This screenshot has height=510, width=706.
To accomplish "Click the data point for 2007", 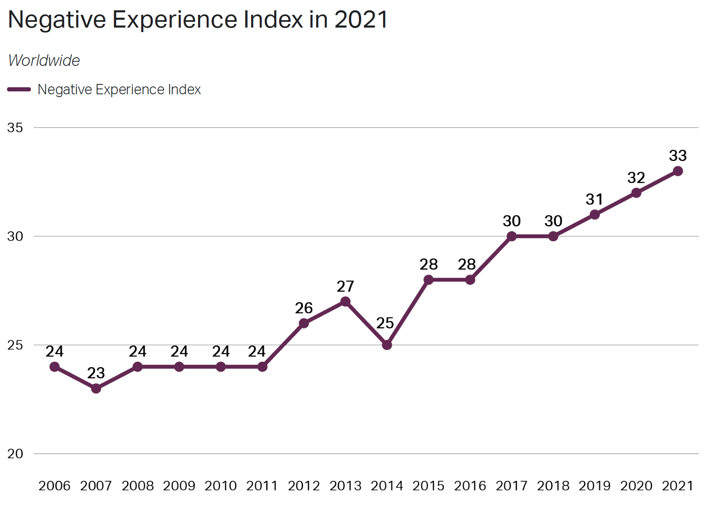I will pos(96,388).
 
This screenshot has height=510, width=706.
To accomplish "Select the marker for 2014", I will pos(387,345).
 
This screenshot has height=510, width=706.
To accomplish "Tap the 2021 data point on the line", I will pos(678,171).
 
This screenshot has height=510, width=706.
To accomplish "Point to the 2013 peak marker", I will pos(345,301).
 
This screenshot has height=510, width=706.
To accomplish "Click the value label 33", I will pos(678,156).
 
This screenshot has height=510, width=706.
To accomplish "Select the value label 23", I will pos(96,373).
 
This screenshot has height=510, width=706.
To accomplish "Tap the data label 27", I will pos(345,286).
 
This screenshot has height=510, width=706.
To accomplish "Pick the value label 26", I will pos(304,308).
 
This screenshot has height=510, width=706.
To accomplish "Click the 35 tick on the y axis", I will pos(15,128).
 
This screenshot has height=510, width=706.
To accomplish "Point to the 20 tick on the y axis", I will pos(15,454).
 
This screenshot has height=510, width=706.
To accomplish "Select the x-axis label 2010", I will pos(221,486).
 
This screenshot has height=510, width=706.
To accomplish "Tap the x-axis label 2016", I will pos(470,486).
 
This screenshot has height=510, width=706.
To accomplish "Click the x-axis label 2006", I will pos(54,486).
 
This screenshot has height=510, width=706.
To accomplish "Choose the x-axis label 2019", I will pos(594,486).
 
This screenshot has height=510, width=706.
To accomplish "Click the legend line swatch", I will pos(19,89).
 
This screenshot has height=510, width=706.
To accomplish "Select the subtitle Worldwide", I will pos(44,61).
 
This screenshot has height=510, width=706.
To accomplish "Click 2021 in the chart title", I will pos(361,19).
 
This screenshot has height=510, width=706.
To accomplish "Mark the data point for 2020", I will pos(636,193).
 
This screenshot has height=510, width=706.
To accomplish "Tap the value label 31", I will pos(594,199).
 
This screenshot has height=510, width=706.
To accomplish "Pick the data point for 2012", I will pos(304,323).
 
